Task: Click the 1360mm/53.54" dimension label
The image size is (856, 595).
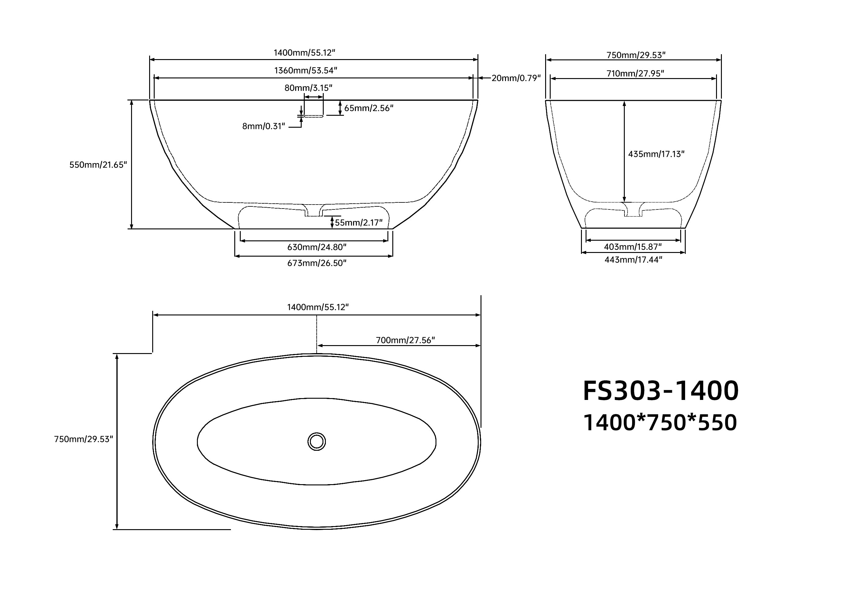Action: (x=306, y=70)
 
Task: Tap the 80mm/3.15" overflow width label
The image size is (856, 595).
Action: (x=308, y=88)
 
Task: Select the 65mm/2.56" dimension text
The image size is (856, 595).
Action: (x=369, y=108)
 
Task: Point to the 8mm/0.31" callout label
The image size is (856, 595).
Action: (x=264, y=126)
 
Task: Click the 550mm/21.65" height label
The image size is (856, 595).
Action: (x=98, y=165)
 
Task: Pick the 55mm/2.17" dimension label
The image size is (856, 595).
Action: (x=359, y=223)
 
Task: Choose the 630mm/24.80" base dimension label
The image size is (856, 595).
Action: (x=317, y=247)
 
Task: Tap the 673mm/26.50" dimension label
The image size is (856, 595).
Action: (x=317, y=263)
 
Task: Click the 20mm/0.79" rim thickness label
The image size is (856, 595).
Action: (x=516, y=78)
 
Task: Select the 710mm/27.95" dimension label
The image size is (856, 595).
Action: (x=635, y=73)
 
